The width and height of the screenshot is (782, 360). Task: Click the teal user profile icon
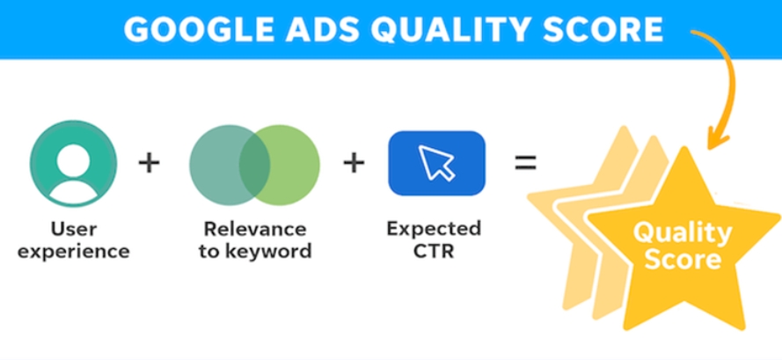point(73,164)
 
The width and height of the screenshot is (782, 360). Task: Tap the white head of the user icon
point(73,161)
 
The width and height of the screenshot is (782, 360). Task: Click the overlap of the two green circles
point(254,165)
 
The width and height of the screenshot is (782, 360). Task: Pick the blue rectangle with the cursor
point(437,163)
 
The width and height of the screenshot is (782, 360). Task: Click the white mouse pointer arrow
point(435,161)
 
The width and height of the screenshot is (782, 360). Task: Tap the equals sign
point(526,163)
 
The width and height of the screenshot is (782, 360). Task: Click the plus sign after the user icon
point(149,163)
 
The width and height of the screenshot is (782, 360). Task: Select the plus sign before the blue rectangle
point(354,163)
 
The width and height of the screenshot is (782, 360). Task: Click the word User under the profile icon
point(74,230)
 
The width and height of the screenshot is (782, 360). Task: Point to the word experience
point(74,251)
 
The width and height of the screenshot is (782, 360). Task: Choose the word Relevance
point(255,230)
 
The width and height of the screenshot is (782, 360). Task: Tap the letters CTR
point(434,251)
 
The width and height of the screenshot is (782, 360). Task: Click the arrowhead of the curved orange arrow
point(718,142)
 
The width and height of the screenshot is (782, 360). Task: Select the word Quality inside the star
point(683,232)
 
